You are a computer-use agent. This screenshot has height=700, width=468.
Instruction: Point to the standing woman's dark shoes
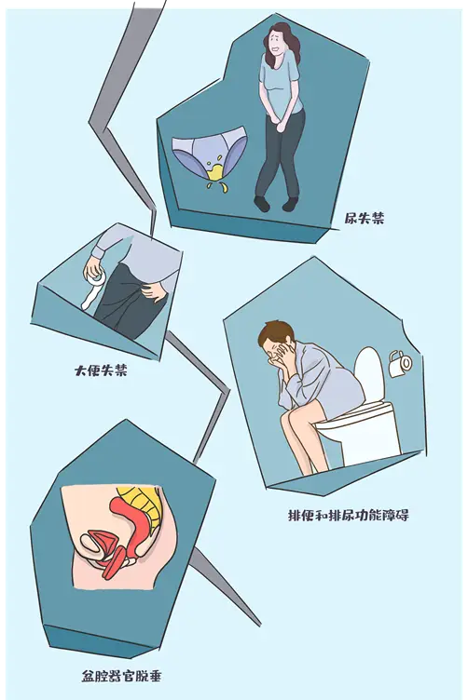(276, 203)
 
